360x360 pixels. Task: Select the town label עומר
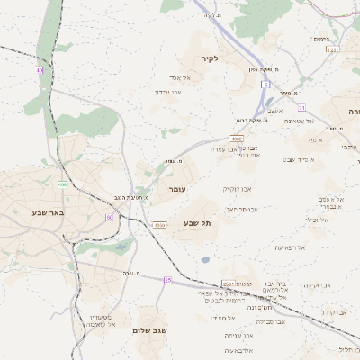point(175,190)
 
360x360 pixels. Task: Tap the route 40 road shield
point(40,69)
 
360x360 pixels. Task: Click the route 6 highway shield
point(266,84)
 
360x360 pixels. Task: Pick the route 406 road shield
point(63,184)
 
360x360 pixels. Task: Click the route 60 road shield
point(110,217)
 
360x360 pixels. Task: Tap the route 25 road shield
point(167,280)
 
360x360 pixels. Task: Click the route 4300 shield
point(159,224)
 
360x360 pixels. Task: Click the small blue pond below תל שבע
point(206,259)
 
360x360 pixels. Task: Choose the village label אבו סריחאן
point(241,209)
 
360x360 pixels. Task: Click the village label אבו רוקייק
point(236,189)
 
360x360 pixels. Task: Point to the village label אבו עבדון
point(168,92)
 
